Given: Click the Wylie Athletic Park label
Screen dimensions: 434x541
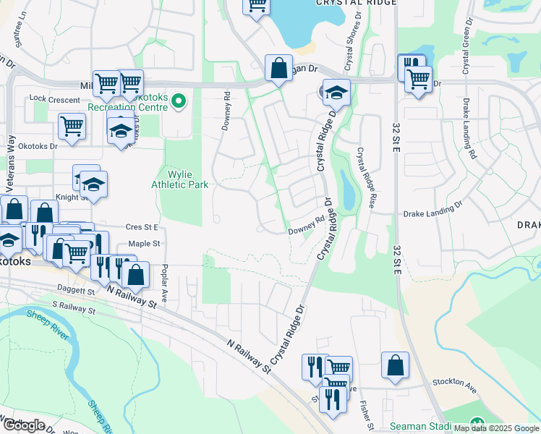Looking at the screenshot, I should (180, 179).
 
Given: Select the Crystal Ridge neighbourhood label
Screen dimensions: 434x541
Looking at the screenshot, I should (356, 3).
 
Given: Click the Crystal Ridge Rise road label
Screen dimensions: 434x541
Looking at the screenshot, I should (365, 178).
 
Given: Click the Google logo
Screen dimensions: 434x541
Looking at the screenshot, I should (24, 425).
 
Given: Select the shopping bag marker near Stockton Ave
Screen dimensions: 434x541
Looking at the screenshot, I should (395, 365).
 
